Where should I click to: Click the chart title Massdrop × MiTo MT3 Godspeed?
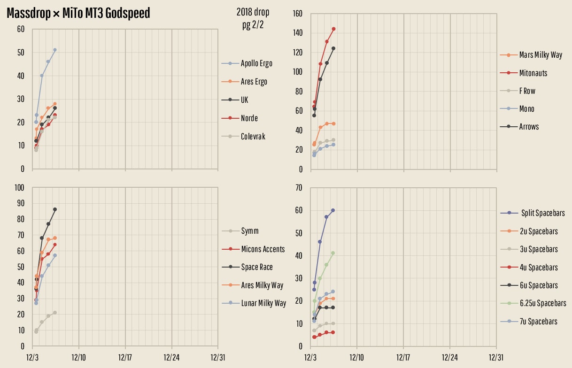(78, 13)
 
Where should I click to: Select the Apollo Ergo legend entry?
(256, 63)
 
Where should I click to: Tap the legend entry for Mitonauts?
(533, 73)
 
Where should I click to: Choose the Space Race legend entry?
(256, 267)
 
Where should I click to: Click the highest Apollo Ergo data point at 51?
(55, 50)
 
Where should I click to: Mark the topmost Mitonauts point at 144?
(333, 29)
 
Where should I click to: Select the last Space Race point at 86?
(55, 209)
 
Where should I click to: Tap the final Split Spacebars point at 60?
(333, 210)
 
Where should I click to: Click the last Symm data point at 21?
(55, 313)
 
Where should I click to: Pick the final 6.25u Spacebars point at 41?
(333, 253)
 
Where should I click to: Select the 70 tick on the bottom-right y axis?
(299, 188)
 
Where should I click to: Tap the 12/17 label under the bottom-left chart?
(125, 357)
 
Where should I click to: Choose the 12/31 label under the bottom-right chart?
(496, 357)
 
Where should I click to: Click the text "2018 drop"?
(253, 12)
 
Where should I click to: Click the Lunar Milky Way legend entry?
(263, 303)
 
